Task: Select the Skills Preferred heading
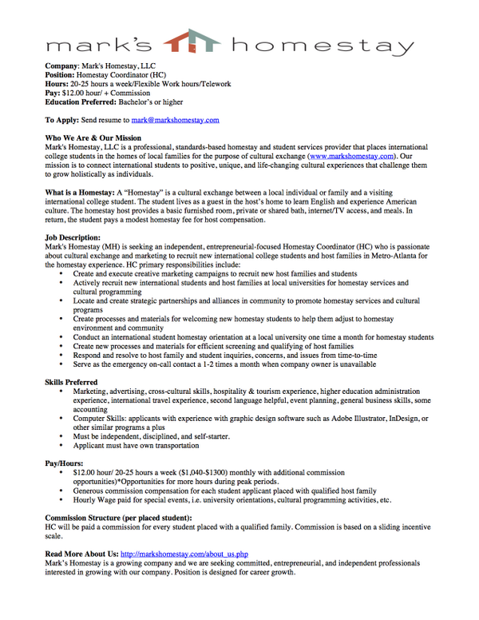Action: [72, 383]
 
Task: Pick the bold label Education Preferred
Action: [81, 102]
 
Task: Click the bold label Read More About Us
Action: [81, 553]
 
